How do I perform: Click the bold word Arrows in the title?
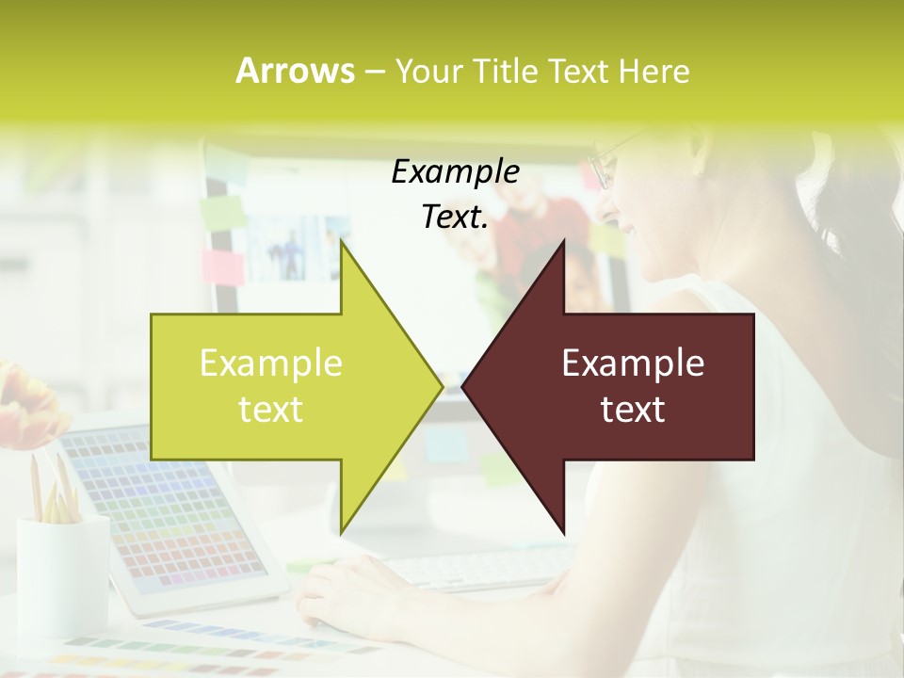(x=295, y=71)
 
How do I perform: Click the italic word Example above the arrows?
(x=455, y=172)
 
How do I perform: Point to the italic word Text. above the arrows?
(x=455, y=218)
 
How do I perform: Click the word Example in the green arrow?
(x=270, y=363)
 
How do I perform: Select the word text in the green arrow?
(x=270, y=410)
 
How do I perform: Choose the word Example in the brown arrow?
(x=633, y=363)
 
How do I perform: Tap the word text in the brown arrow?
(x=633, y=410)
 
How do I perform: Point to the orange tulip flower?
(x=28, y=405)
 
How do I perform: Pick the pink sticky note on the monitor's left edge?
(x=222, y=266)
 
